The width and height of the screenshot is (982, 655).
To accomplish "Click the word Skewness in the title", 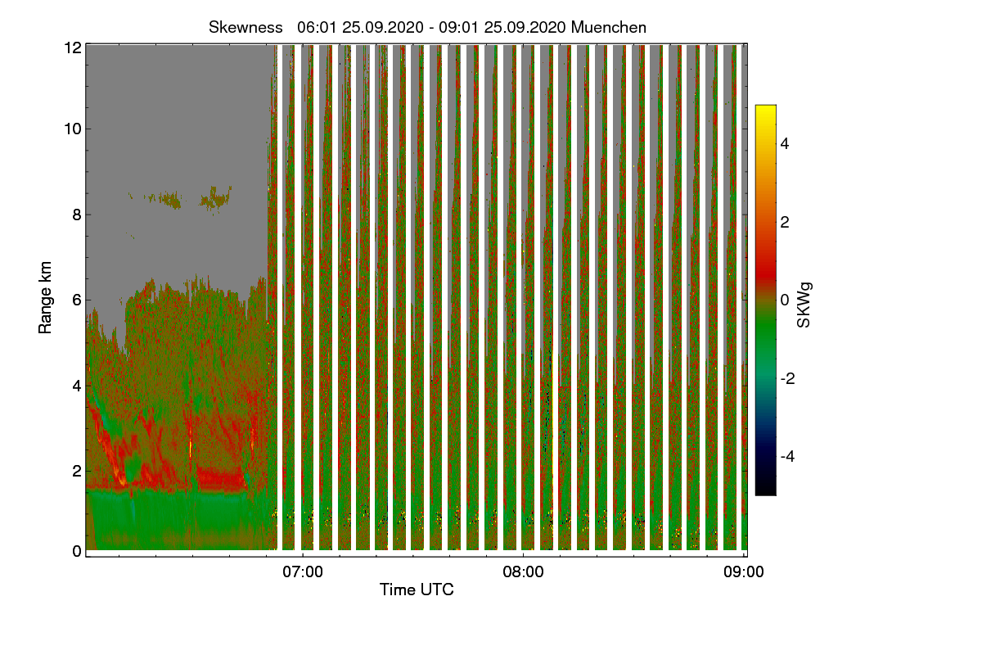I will [245, 27].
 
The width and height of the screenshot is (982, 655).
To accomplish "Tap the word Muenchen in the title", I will [609, 27].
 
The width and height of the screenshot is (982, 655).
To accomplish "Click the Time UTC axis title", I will [417, 589].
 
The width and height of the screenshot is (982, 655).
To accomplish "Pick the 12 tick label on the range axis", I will [72, 47].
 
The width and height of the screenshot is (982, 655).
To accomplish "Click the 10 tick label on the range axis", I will [72, 129].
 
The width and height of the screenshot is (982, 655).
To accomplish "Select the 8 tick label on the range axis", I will [76, 215].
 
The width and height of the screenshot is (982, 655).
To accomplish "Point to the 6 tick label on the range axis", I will [76, 300].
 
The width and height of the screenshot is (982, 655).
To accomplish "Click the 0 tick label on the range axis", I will [76, 551].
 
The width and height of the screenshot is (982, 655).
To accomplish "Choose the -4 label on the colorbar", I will [786, 456].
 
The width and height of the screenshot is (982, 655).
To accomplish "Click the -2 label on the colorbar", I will [786, 378].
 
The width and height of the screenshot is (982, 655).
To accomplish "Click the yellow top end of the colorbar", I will [765, 110].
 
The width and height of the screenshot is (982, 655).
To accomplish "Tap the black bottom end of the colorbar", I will [765, 491].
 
